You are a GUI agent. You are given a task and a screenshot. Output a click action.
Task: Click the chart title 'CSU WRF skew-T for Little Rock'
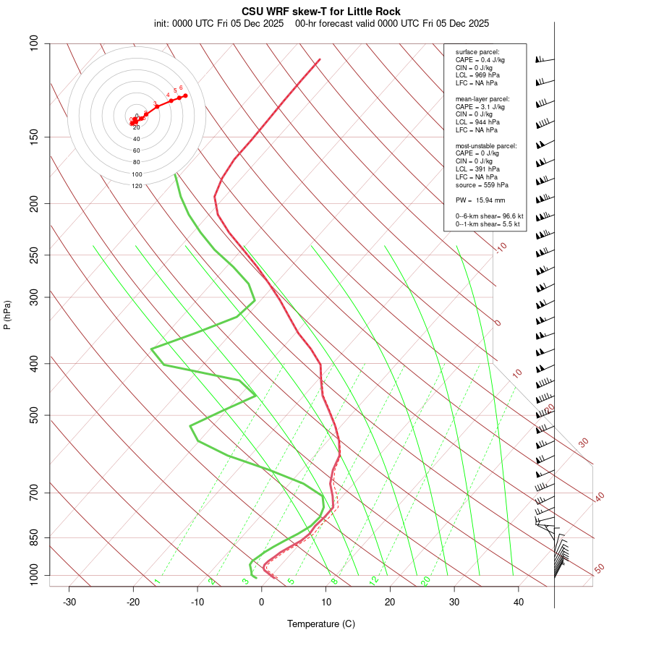tap(320, 12)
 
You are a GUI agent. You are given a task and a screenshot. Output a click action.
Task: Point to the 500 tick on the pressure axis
tap(34, 415)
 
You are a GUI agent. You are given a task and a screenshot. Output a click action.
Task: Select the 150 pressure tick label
tap(34, 137)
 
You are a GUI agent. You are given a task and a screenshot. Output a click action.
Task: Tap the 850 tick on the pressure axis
tap(34, 537)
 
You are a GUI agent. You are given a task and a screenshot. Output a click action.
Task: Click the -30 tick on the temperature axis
tap(69, 602)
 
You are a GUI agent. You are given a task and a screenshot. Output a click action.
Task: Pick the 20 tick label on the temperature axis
tap(390, 602)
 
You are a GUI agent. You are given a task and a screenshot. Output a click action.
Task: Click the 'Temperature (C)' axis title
tap(320, 624)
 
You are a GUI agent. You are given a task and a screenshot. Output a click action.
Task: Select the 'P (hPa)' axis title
tap(7, 315)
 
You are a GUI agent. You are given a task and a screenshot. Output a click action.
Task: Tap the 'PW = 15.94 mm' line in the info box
tap(480, 200)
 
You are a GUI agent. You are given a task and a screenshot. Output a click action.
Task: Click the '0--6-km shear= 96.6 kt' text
tap(489, 216)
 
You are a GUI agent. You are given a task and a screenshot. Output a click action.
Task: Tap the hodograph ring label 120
tap(137, 186)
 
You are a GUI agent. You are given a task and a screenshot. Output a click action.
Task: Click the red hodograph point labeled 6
tap(185, 95)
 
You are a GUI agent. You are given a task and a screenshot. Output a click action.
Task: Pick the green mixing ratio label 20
tap(426, 581)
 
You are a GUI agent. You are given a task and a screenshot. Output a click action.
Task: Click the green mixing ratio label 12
tap(374, 581)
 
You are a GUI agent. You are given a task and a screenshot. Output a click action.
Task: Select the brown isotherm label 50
tap(599, 569)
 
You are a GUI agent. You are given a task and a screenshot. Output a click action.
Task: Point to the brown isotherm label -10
tap(501, 247)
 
